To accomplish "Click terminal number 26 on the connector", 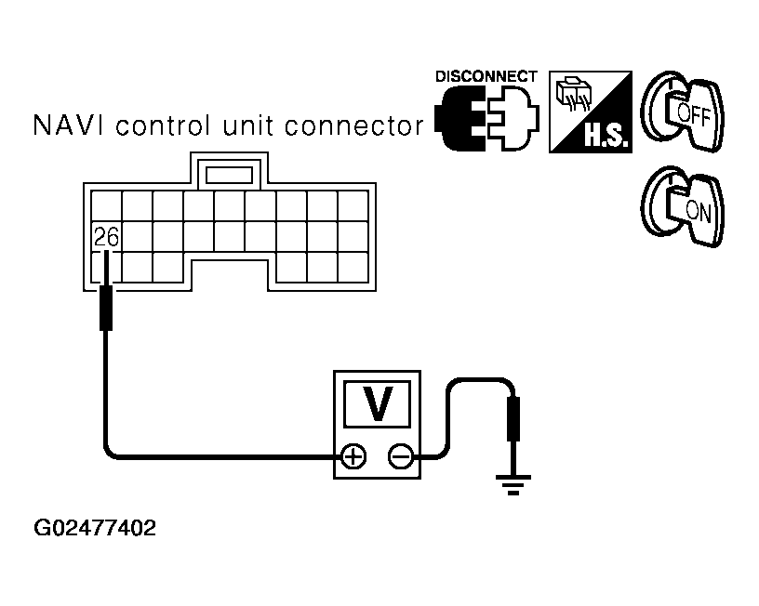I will coord(107,238).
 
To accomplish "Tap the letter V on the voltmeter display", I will coord(377,402).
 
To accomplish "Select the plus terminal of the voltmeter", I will coord(353,455).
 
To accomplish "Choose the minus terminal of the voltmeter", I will coord(401,455).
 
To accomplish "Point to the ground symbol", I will coord(512,483).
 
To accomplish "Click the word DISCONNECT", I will coord(486,76).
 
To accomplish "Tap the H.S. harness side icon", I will coord(591,112).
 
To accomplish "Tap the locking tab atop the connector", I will coord(230,173).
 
